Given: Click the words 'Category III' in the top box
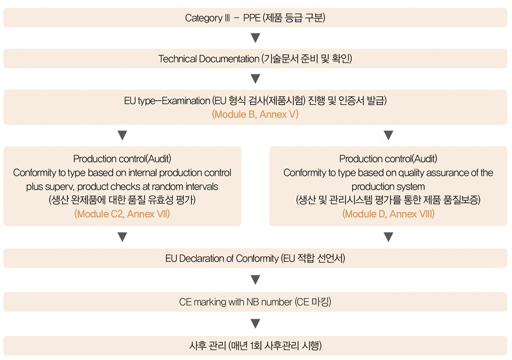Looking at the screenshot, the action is pos(207,18).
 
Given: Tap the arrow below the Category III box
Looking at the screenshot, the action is pos(255,38).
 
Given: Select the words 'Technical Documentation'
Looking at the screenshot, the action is pos(209,59).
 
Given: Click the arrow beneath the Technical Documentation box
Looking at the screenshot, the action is pos(255,78).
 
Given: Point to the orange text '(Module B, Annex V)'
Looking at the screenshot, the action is pos(255,114).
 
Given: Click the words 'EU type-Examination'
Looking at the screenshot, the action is pos(167,101).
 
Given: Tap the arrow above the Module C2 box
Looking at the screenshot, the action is pos(122,135).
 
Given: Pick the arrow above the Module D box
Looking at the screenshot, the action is pos(388,135).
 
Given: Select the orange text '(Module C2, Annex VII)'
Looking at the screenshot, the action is pos(122,214).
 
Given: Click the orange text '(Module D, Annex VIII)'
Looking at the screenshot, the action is pos(388,214).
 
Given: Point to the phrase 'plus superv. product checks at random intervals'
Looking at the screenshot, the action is pos(122,186).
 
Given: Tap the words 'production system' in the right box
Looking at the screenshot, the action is pos(388,186).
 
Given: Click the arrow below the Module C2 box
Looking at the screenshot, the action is pos(122,237).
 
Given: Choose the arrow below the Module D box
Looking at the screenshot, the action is pos(388,237).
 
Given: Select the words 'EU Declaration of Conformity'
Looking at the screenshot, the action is pos(222,258).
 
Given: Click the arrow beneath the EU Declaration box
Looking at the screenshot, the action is pos(255,280).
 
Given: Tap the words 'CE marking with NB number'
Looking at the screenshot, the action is pos(236,302).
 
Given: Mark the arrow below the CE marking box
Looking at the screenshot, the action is pos(255,323).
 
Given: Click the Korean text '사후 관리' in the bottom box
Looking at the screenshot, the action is pos(207,345).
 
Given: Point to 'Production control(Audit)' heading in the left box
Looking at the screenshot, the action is pos(122,159).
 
